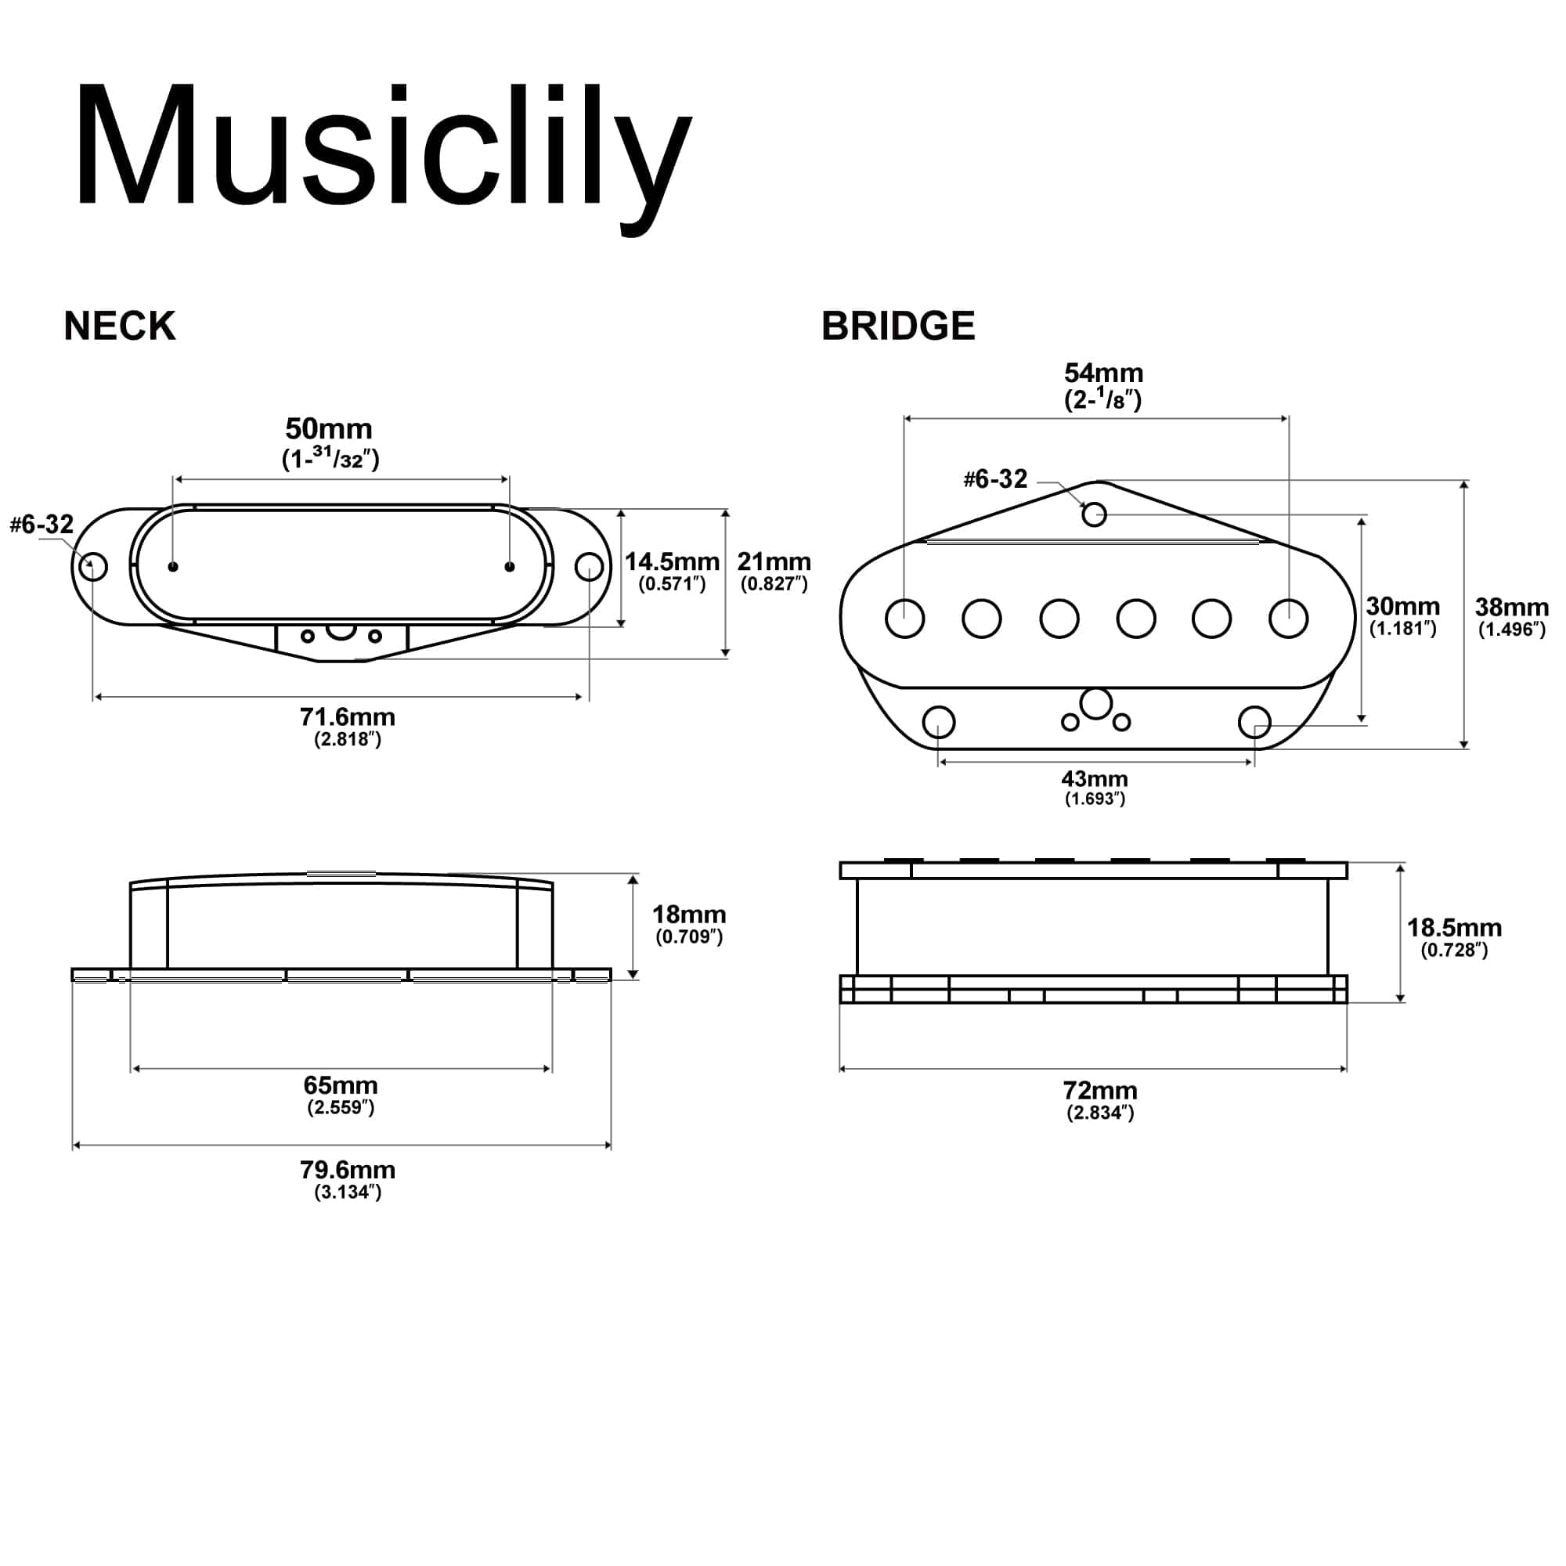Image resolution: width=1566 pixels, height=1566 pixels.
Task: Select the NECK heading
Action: (x=119, y=326)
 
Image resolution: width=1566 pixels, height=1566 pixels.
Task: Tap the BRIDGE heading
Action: (x=898, y=326)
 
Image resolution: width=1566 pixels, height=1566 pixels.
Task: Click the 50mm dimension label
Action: (x=329, y=429)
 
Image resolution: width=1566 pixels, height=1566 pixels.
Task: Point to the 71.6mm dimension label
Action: (x=347, y=717)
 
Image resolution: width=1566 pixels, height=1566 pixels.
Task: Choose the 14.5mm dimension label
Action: (x=671, y=561)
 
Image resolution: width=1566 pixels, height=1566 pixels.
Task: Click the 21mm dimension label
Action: (x=774, y=561)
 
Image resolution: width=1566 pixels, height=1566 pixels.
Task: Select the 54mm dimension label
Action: (x=1103, y=373)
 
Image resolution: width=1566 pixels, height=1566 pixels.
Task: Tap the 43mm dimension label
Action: (x=1095, y=779)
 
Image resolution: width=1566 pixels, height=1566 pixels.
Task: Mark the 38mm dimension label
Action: (x=1511, y=607)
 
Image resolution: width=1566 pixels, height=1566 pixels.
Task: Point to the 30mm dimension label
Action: (x=1402, y=606)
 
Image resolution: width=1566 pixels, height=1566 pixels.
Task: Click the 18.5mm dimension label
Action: (x=1454, y=927)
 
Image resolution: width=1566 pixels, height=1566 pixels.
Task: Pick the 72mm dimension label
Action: (x=1100, y=1090)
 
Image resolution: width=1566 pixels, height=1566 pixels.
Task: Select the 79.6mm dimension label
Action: (x=347, y=1170)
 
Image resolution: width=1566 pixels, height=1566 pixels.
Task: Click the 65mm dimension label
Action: (x=341, y=1085)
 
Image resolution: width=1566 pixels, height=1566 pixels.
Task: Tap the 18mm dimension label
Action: (x=688, y=915)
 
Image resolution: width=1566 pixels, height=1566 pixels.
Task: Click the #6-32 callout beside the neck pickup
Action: (x=41, y=525)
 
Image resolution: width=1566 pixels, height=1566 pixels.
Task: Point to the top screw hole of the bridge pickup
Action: (x=1095, y=514)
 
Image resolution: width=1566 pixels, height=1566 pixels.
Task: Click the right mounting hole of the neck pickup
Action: (x=590, y=567)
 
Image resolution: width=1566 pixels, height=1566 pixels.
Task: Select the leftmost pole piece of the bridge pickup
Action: (x=904, y=619)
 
